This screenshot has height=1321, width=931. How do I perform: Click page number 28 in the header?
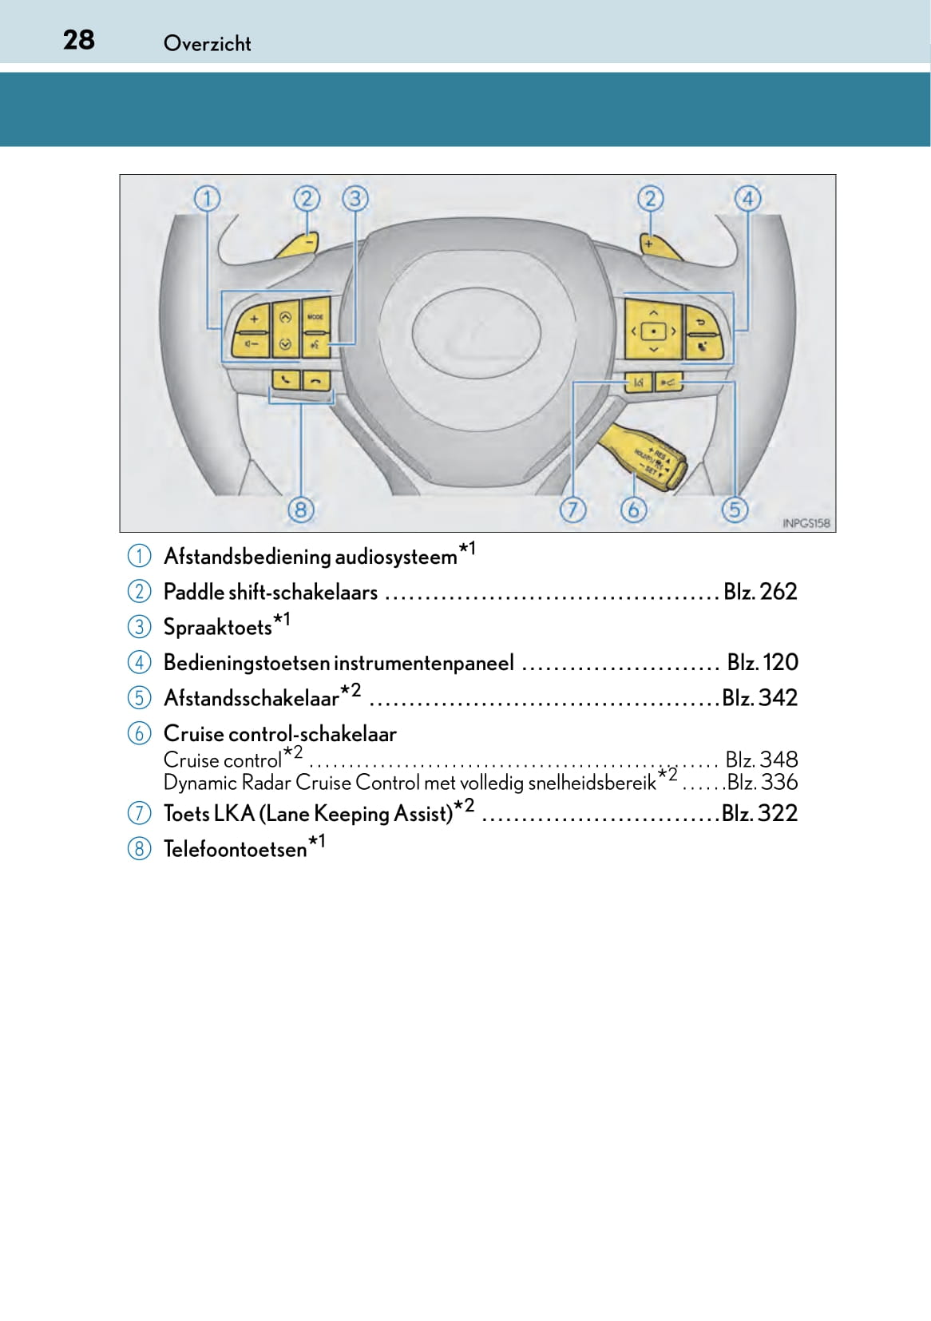[x=78, y=40]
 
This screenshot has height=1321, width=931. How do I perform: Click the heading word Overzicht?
[x=207, y=43]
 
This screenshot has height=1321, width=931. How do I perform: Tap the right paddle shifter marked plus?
[x=660, y=246]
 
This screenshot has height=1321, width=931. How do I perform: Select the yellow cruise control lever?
[x=645, y=455]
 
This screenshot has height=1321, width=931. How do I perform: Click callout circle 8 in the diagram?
[x=300, y=509]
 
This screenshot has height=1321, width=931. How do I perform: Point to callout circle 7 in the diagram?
[x=572, y=509]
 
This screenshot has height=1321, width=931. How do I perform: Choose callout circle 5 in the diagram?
[x=735, y=509]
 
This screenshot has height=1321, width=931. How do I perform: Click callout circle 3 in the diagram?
[x=355, y=198]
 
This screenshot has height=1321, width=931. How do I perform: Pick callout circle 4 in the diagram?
[x=747, y=198]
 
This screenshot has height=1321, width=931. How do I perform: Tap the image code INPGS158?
[x=806, y=523]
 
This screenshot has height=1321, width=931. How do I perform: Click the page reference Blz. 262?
[x=760, y=592]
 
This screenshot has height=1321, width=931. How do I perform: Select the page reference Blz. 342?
[x=759, y=698]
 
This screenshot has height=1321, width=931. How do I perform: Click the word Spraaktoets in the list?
[x=217, y=628]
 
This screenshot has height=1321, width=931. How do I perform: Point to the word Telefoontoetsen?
[x=235, y=849]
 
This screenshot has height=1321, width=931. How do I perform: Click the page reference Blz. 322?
[x=759, y=813]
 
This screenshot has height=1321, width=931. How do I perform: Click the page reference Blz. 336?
[x=762, y=782]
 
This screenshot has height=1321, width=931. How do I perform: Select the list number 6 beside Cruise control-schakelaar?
[x=139, y=733]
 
